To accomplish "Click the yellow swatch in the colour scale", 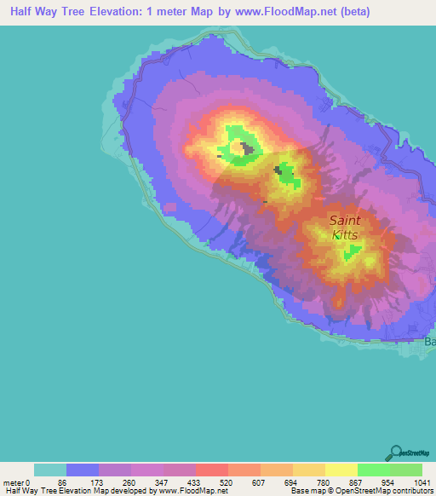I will (x=341, y=470).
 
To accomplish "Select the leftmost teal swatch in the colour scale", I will (x=50, y=470).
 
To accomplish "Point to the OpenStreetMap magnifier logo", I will (x=395, y=453).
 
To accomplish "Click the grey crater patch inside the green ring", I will (x=249, y=150).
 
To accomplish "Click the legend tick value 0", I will (x=32, y=482).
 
